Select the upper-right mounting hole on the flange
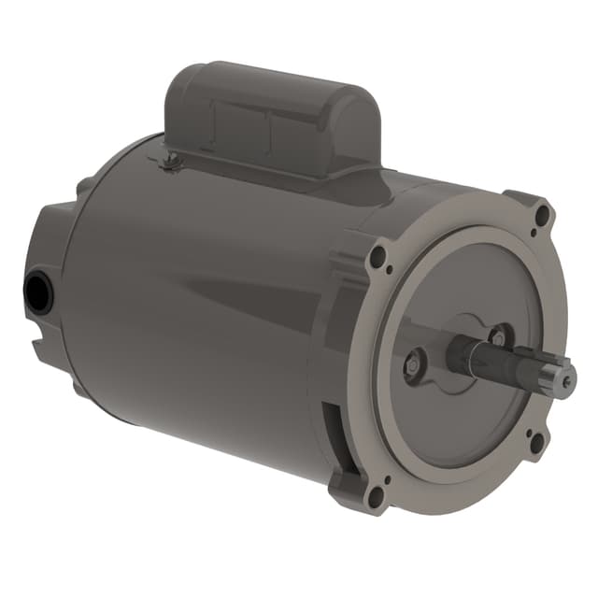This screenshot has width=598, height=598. (x=541, y=219)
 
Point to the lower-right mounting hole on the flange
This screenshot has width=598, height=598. (x=535, y=442)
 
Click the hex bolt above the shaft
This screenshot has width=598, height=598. (x=498, y=332)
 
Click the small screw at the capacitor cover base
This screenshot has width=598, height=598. (x=169, y=165)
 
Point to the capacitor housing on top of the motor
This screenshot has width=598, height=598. (x=271, y=117)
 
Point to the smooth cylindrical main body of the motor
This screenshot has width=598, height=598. (x=206, y=299)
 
